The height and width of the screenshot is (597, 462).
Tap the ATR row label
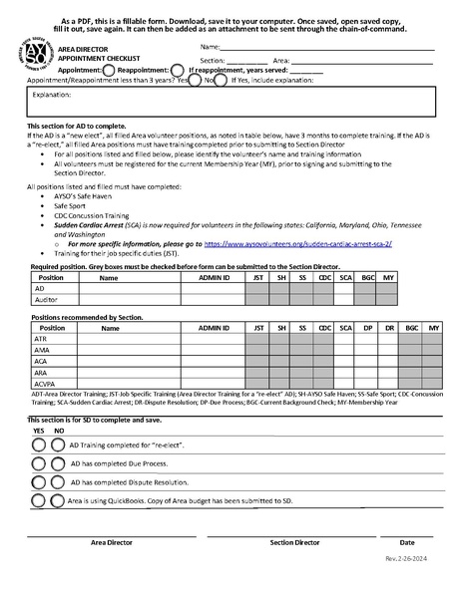[42, 339]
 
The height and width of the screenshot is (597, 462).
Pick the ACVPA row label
[46, 383]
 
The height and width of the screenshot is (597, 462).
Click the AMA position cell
[42, 350]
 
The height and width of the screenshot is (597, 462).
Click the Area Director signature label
[112, 543]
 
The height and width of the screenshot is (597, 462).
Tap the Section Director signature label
[294, 543]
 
